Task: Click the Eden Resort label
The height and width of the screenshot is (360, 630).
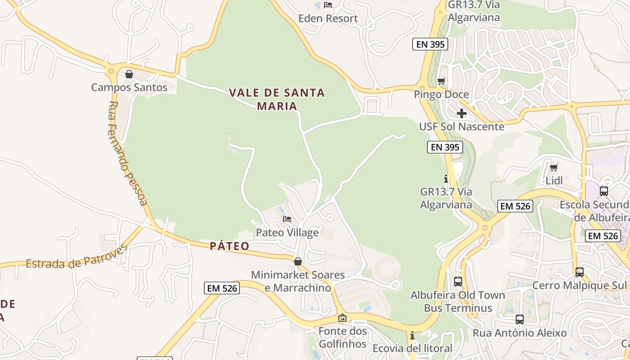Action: pos(328,18)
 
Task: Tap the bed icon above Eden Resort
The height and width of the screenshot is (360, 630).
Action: pos(328,5)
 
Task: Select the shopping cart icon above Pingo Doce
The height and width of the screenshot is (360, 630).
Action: pos(441,81)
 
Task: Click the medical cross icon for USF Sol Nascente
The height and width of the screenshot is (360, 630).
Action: pos(461,113)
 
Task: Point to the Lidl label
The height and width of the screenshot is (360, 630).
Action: pos(554,181)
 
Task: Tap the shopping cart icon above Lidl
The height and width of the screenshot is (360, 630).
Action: pos(554,167)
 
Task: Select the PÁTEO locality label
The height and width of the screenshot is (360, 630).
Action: pos(229,246)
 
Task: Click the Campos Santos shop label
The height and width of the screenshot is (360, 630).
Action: pos(129,87)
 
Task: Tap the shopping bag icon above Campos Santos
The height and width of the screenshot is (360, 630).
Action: pos(129,74)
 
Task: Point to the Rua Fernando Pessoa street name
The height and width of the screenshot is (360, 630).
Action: pos(127,153)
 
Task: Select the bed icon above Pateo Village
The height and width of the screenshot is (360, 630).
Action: pos(287,219)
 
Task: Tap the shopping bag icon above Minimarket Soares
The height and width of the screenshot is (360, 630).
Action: pos(297,261)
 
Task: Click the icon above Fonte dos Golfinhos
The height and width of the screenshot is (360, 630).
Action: pos(342,318)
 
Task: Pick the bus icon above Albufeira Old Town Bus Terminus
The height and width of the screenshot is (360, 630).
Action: pos(458,282)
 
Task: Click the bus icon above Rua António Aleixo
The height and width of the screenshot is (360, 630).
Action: pos(520,319)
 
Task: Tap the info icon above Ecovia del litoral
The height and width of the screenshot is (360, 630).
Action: pos(412,335)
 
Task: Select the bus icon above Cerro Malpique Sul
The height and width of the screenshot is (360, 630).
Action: pos(580,272)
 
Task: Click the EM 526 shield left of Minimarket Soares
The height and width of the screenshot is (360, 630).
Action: pos(222,288)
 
